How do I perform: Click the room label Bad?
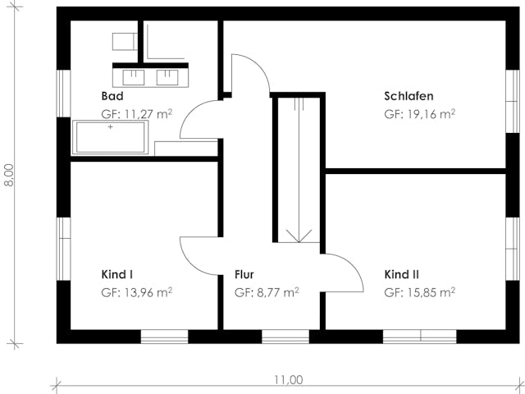click(112, 96)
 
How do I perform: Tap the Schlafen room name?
click(409, 96)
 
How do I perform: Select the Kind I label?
click(117, 274)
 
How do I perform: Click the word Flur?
click(245, 274)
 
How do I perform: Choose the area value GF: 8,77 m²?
click(266, 292)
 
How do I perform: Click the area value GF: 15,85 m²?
click(419, 292)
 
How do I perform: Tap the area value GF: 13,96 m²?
click(136, 292)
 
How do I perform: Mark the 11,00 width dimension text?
click(288, 379)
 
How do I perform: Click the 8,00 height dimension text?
click(10, 176)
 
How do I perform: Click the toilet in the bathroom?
click(125, 41)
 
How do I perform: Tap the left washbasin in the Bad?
click(134, 76)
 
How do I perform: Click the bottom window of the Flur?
click(285, 337)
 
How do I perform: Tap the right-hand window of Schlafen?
click(514, 98)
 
